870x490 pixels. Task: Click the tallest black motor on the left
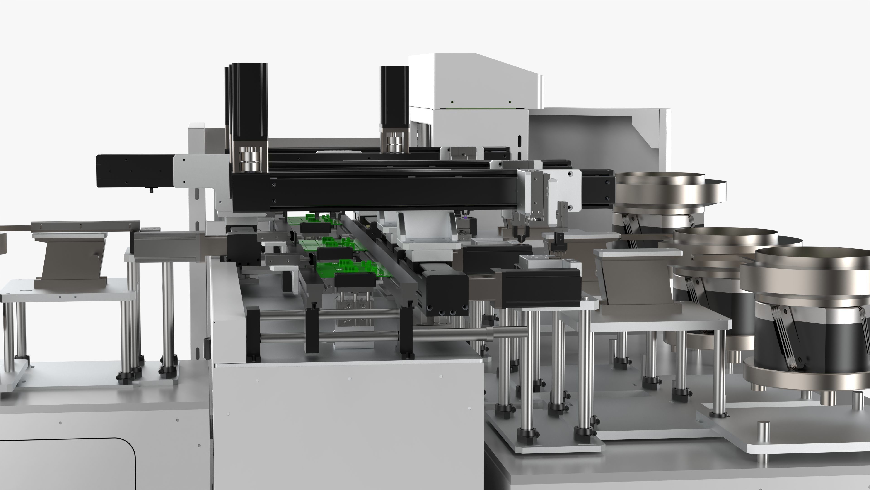[x=250, y=101]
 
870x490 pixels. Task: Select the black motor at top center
[x=394, y=96]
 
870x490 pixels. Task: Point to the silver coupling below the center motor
[x=394, y=144]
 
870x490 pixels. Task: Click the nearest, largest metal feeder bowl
[x=811, y=267]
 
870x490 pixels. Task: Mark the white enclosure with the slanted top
[x=473, y=81]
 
